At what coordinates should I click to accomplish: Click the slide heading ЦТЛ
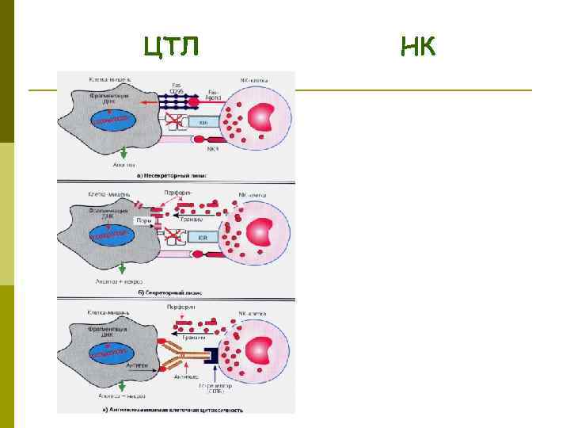pos(171,48)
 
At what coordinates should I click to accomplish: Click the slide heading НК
pos(417,48)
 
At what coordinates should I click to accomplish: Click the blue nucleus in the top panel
pos(111,120)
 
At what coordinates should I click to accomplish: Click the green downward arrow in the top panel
pos(122,155)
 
